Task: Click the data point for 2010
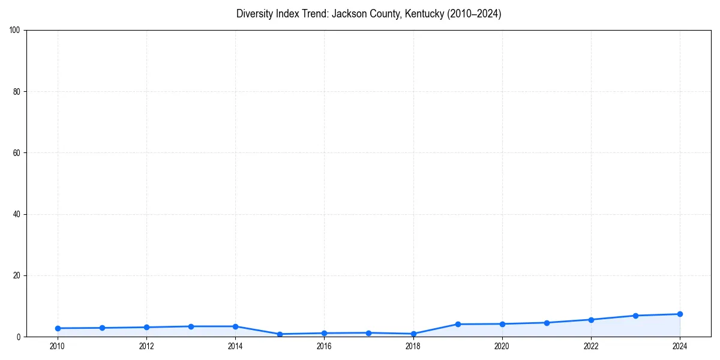[58, 328]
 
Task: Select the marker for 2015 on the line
[280, 334]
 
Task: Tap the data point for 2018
[413, 334]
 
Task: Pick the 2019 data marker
[458, 324]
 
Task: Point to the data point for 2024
[680, 314]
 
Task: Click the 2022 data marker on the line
[591, 320]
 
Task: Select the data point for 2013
[191, 326]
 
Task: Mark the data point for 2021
[547, 323]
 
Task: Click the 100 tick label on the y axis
[15, 31]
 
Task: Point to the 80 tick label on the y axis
[17, 92]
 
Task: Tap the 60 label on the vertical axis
[17, 153]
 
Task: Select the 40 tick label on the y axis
[17, 214]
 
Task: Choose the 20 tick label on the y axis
[17, 275]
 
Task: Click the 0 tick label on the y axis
[19, 337]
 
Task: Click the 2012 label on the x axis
[146, 346]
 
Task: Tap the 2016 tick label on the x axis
[324, 346]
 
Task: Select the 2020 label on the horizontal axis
[502, 346]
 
